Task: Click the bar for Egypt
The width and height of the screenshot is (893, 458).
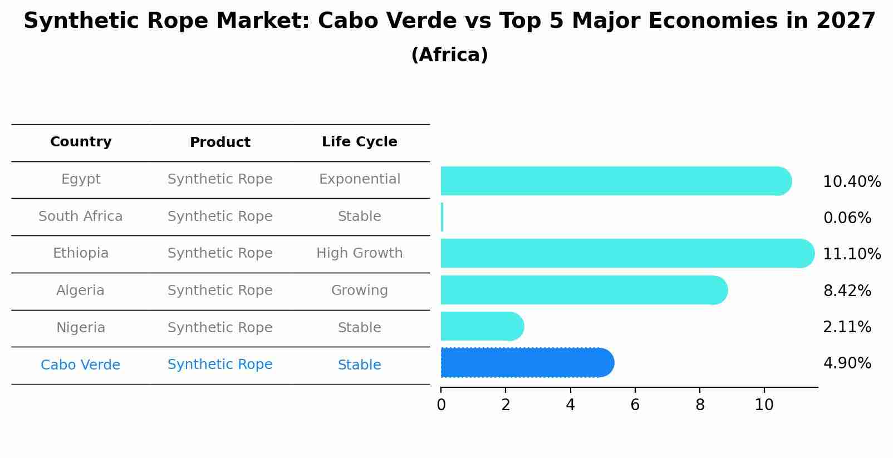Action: [x=612, y=181]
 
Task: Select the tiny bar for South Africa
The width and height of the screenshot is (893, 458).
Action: [x=442, y=217]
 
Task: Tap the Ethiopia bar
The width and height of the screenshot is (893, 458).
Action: [x=624, y=253]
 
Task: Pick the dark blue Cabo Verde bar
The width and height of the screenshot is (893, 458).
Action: [x=526, y=363]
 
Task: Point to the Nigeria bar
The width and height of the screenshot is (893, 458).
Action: [x=482, y=326]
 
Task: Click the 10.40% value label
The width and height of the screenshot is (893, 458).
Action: [x=851, y=182]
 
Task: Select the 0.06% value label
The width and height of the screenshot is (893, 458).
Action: [x=847, y=218]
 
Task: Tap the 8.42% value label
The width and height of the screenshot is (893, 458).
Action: [x=847, y=290]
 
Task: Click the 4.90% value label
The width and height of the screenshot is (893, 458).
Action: [x=847, y=363]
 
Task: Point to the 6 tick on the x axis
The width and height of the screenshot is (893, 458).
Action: [x=635, y=405]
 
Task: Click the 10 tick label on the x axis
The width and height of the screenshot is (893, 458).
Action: [x=764, y=405]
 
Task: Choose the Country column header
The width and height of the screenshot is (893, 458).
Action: [x=81, y=142]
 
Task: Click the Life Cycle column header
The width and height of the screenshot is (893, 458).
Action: [x=359, y=142]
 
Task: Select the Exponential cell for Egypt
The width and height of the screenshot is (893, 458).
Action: [x=359, y=179]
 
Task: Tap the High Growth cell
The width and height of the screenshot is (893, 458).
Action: [x=359, y=253]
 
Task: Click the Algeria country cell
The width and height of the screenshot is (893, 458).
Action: [x=80, y=290]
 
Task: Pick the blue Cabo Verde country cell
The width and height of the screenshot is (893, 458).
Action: [x=80, y=365]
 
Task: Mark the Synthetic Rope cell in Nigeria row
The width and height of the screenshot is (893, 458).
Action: [x=220, y=328]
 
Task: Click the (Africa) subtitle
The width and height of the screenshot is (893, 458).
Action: [x=449, y=55]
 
